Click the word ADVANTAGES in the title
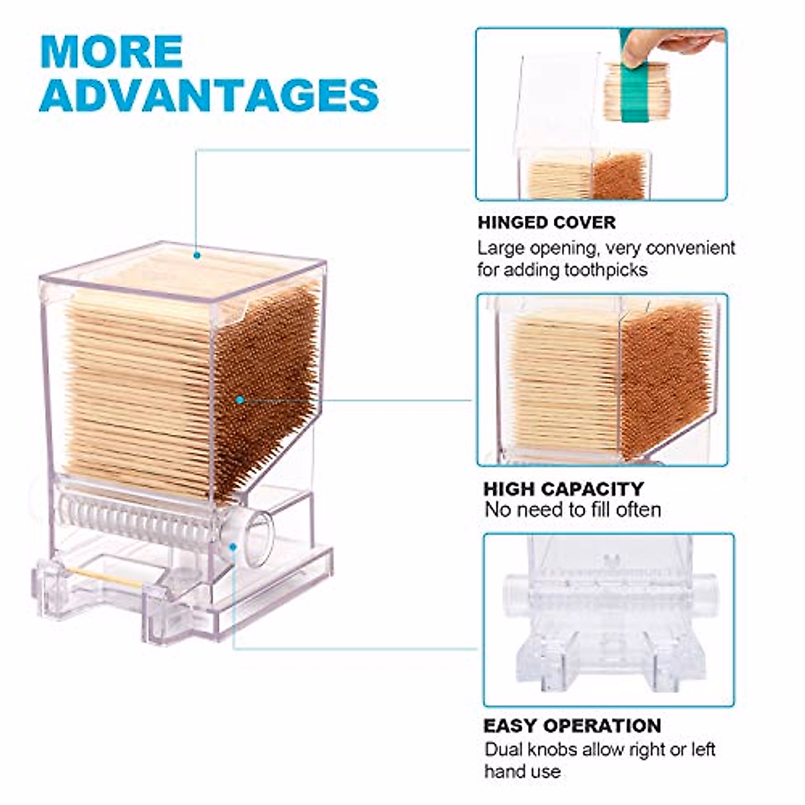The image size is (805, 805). (209, 95)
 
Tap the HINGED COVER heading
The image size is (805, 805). (546, 222)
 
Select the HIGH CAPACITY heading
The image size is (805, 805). (563, 488)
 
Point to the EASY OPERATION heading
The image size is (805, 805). (572, 725)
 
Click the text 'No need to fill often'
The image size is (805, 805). (573, 510)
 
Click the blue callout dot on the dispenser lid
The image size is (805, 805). (197, 255)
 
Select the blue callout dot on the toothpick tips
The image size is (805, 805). (240, 400)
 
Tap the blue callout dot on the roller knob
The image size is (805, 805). (232, 547)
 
